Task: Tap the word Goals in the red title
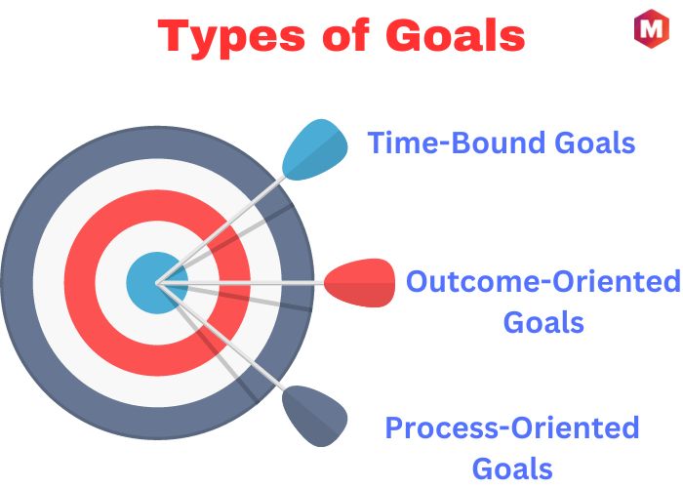pos(456,36)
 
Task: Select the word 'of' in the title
pos(345,36)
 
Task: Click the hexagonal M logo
pos(651,28)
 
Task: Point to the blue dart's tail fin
pos(315,149)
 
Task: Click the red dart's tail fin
pos(360,283)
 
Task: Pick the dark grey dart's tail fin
pos(315,416)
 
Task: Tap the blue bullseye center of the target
pos(157,283)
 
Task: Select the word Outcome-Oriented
pos(543,281)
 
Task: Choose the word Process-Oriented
pos(512,427)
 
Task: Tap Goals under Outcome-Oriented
pos(543,322)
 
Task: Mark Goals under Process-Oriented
pos(512,468)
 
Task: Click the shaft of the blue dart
pos(221,230)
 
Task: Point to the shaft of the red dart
pos(240,283)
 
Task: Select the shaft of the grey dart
pos(221,337)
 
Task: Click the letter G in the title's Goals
pos(404,36)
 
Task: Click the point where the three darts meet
pos(158,283)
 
